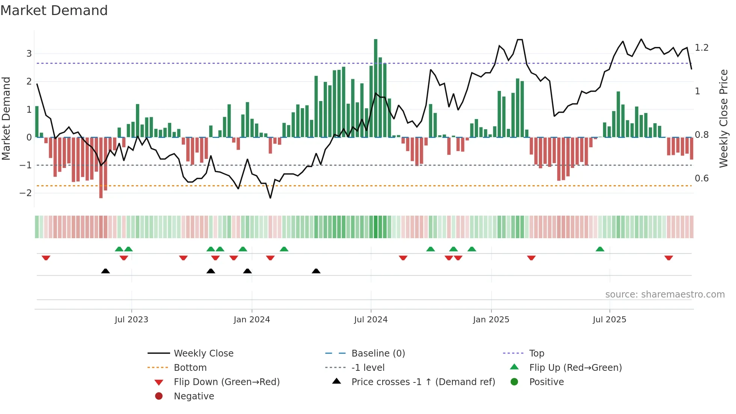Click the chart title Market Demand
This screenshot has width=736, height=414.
coord(54,11)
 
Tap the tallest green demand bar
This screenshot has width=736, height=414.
coord(376,88)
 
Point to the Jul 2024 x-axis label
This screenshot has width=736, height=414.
coord(371,320)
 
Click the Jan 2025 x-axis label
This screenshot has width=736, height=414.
coord(491,320)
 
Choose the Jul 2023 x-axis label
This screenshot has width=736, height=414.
coord(131,320)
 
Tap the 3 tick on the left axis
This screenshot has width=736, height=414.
coord(29,54)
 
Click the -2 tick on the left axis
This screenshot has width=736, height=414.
coord(26,193)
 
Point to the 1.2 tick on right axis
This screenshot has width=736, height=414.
coord(701,48)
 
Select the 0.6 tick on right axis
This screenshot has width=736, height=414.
coord(701,178)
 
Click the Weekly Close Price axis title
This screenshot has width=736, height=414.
coord(723,118)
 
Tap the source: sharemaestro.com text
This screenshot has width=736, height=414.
coord(665,295)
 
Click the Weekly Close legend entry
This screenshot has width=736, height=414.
coord(203,354)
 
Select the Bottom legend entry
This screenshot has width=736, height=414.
coord(190,368)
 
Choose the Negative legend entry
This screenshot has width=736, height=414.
coord(194,396)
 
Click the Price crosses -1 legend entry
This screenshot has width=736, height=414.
coord(423,382)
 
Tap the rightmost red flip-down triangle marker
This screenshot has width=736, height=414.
coord(668,258)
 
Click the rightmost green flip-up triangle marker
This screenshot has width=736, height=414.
coord(600,249)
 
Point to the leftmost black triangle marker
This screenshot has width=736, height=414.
coord(106,271)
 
